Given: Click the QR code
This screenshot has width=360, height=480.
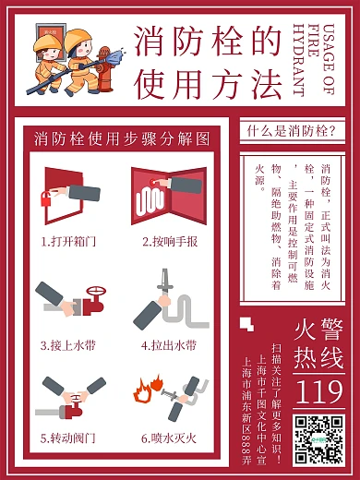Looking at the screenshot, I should (x=319, y=438).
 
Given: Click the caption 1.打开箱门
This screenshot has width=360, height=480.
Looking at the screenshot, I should (x=69, y=242).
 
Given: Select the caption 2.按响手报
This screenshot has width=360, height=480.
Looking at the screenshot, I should (x=170, y=242).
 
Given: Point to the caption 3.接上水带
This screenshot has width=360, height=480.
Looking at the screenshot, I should (x=69, y=346).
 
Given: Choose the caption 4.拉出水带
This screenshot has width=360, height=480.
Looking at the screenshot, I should (x=170, y=346).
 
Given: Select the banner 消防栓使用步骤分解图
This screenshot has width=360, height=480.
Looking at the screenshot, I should (x=123, y=139).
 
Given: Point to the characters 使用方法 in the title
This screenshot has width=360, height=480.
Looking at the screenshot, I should (x=208, y=85).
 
